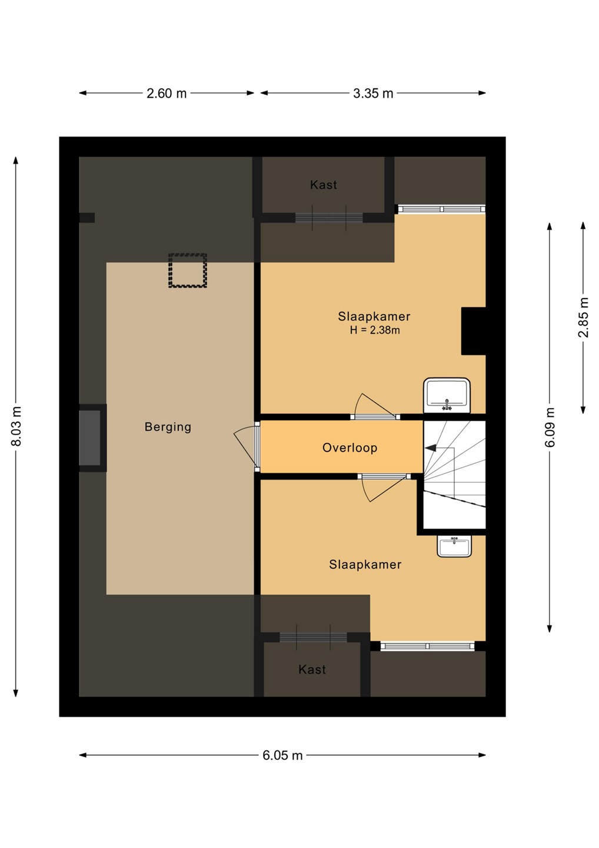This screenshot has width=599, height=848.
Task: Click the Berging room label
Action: (x=168, y=427)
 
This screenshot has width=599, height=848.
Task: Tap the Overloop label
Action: (x=350, y=448)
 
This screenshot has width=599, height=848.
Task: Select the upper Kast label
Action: (x=323, y=185)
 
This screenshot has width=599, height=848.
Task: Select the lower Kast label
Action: (x=312, y=670)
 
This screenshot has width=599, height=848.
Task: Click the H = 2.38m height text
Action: (x=375, y=330)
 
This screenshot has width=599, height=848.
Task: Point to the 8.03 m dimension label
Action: (x=16, y=426)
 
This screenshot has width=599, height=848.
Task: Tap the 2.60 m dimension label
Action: (x=167, y=93)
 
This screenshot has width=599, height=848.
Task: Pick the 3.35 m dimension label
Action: (x=373, y=93)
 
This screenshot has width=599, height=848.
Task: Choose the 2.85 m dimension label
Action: (x=583, y=317)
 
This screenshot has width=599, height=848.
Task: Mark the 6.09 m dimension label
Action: (x=550, y=427)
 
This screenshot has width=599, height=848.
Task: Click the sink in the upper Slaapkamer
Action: (x=447, y=395)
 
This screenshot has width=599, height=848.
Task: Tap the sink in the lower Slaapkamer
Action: (x=454, y=546)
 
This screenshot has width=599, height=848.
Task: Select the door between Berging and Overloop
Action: (x=247, y=447)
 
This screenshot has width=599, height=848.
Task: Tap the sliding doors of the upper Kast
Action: (x=329, y=217)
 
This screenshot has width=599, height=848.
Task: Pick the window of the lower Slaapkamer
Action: (x=427, y=646)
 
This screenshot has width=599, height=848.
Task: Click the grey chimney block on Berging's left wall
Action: (x=89, y=438)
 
